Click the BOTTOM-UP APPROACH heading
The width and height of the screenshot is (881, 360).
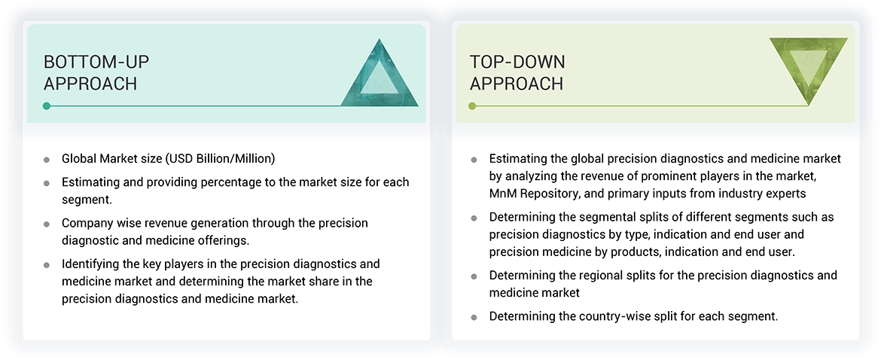[90, 73]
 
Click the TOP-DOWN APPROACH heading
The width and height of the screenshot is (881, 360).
[517, 73]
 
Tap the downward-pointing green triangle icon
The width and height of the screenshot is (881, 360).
[808, 72]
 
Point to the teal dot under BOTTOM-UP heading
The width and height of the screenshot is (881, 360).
[47, 106]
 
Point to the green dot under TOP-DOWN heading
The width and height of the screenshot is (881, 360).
[472, 106]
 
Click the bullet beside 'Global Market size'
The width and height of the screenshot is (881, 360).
[47, 160]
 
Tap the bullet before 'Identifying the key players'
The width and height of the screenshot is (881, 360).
[47, 265]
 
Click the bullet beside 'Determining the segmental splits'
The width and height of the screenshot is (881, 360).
[474, 218]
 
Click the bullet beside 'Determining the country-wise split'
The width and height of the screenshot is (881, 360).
[474, 317]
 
